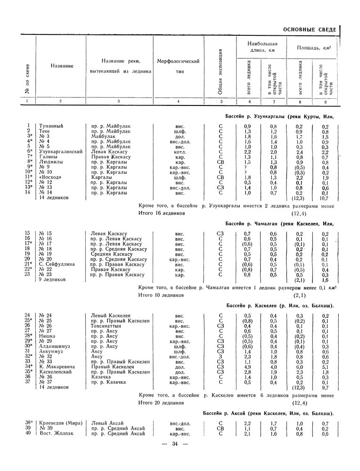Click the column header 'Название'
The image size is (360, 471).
tap(61, 66)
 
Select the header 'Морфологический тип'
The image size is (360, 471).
tap(178, 66)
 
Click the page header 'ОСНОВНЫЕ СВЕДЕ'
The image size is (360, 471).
tap(310, 30)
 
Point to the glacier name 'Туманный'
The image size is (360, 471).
tap(51, 126)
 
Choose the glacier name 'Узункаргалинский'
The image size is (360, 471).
tap(61, 152)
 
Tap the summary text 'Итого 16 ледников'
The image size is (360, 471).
tap(161, 213)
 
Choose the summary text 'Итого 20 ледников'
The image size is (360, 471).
tap(161, 403)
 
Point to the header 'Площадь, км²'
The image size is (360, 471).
tap(313, 48)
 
